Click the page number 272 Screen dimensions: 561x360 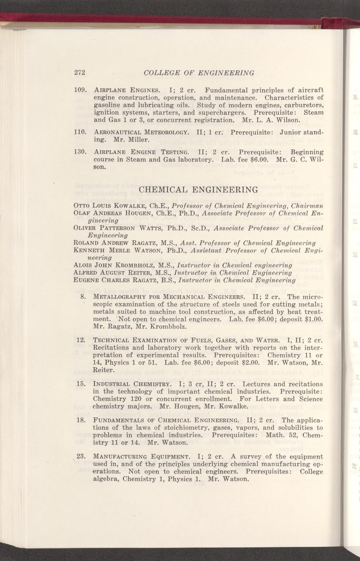click(79, 73)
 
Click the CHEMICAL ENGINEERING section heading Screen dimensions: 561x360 click(198, 189)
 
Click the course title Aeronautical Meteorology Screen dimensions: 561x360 click(141, 133)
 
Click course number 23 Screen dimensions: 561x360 click(80, 457)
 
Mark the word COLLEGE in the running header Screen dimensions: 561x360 click(161, 73)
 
